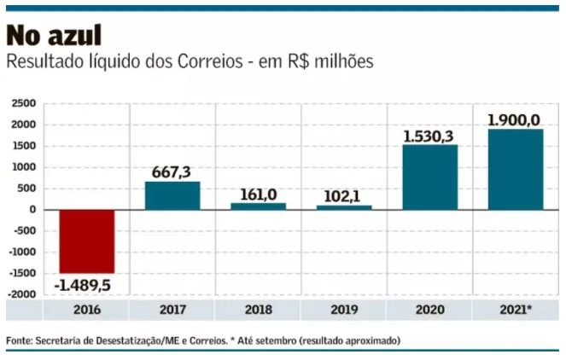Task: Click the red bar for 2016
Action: (86, 241)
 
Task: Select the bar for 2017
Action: (172, 195)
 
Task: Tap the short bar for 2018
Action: (258, 206)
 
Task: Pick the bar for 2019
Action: (344, 207)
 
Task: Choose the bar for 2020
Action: (429, 177)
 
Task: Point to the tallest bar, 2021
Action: (516, 169)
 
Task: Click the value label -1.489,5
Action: (86, 283)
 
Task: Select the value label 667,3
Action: (172, 171)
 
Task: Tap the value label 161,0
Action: (258, 195)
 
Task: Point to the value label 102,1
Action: (344, 196)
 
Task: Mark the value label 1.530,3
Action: (429, 136)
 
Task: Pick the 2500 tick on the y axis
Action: (23, 103)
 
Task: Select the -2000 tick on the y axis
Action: (21, 294)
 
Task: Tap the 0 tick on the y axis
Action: (32, 210)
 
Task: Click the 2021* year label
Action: (516, 310)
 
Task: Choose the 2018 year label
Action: (258, 310)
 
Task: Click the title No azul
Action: (54, 36)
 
